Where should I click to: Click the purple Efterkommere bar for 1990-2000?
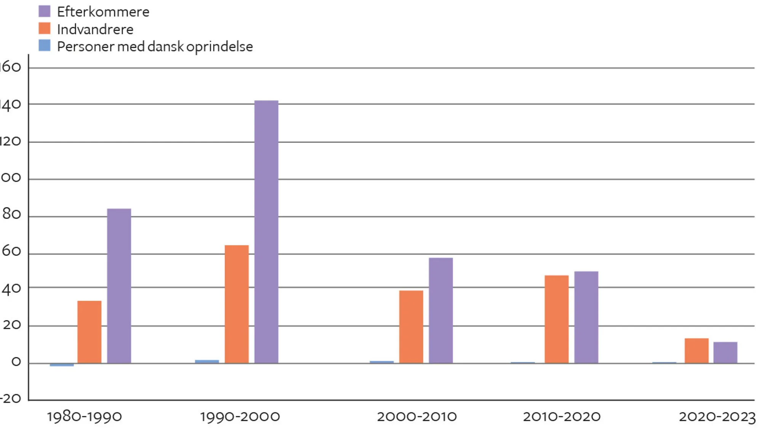266,232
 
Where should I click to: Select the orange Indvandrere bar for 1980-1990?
90,332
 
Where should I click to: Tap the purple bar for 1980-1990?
119,286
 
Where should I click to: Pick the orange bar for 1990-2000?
237,304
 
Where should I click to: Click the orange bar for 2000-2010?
411,327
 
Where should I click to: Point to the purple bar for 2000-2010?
441,310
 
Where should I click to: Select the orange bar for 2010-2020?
557,319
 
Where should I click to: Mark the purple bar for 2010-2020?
586,317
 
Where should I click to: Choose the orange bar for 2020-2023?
696,351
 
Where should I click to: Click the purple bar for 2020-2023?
725,353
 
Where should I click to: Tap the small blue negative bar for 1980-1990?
62,365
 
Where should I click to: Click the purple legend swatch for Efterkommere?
45,11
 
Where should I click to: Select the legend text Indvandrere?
95,29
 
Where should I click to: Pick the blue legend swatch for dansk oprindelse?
45,46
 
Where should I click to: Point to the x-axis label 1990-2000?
240,417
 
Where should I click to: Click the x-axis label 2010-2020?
562,417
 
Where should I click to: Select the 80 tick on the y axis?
11,214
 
